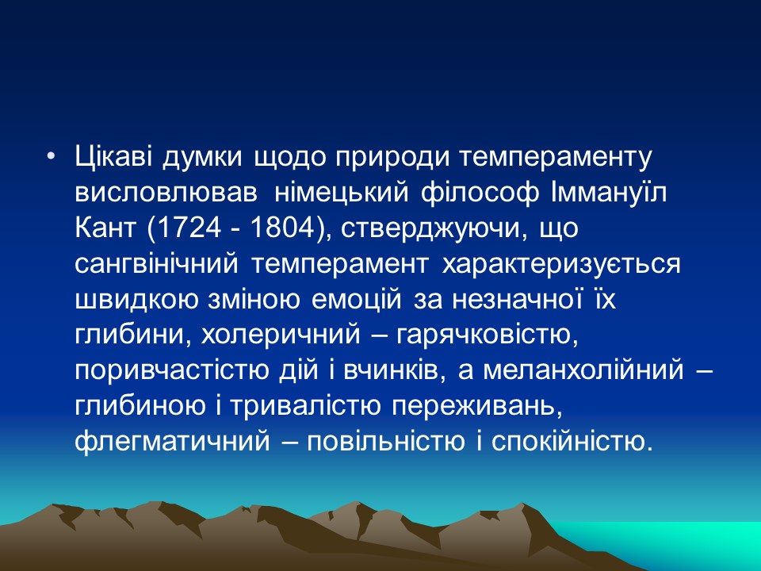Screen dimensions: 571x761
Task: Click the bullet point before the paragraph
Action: pos(52,157)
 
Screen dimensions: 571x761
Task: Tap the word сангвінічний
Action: pos(159,265)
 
